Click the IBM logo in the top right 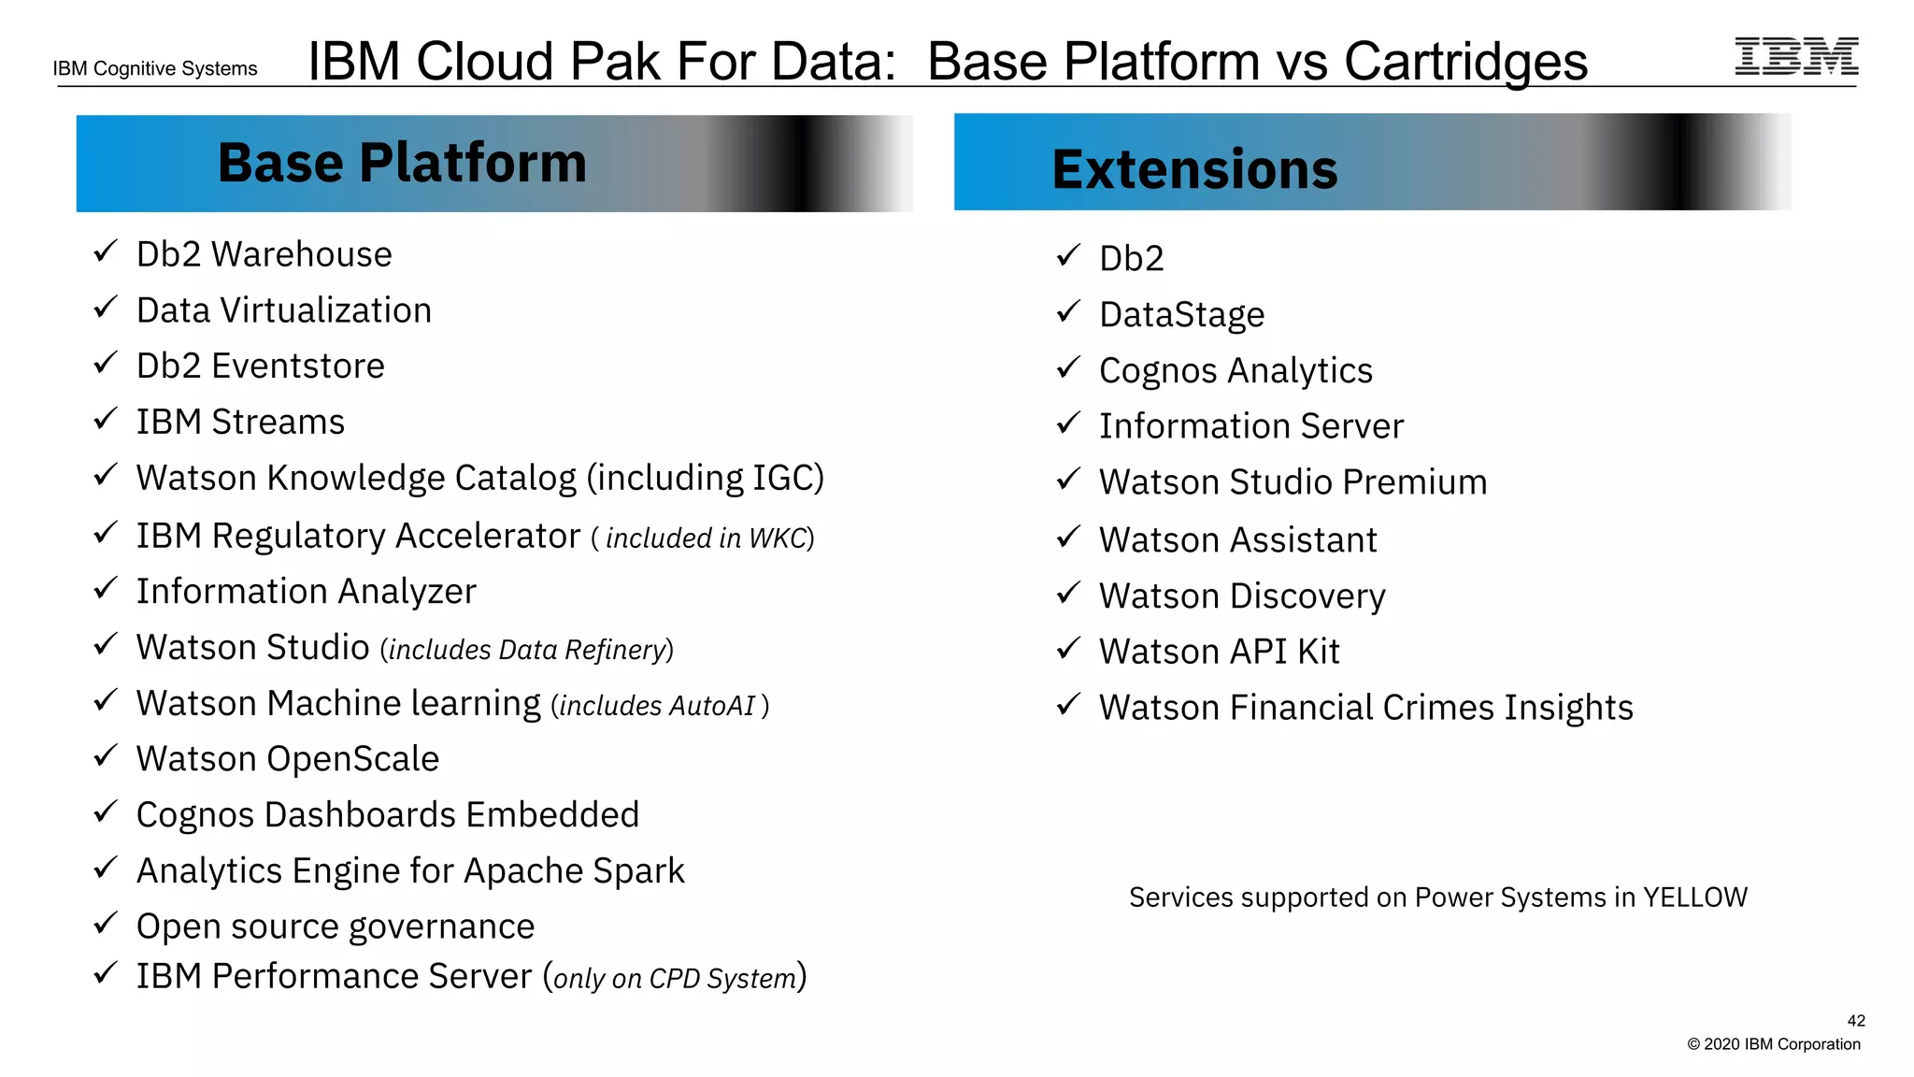coord(1796,56)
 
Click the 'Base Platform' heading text coord(402,163)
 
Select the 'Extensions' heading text coord(1194,169)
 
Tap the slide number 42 coord(1856,1021)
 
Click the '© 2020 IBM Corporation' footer coord(1773,1044)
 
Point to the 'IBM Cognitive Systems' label coord(155,68)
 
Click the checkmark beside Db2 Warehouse coord(105,251)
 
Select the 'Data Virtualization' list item coord(283,310)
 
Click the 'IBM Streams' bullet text coord(240,422)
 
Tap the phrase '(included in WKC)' coord(703,538)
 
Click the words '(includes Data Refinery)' coord(526,650)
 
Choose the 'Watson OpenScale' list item coord(287,758)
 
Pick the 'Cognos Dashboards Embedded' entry coord(387,814)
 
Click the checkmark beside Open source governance coord(105,924)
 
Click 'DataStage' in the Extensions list coord(1181,315)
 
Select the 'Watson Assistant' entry coord(1237,540)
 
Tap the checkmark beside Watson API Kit coord(1068,648)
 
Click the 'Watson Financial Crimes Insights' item coord(1365,708)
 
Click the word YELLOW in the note coord(1694,897)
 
